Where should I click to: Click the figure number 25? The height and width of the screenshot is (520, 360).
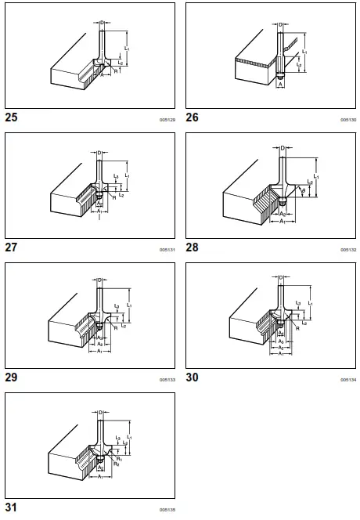[11, 118]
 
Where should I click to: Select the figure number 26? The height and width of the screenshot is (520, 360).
[193, 118]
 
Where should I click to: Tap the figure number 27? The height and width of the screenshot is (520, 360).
[11, 247]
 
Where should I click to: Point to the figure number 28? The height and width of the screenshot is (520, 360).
[193, 247]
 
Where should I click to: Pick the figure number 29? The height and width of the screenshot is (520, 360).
[11, 377]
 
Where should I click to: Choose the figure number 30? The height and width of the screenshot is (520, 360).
[193, 377]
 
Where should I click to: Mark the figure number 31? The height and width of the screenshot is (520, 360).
[11, 507]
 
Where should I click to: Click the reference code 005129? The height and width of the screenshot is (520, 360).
[167, 121]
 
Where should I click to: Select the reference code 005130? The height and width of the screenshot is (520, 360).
[348, 121]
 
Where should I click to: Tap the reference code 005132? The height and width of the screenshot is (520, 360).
[348, 250]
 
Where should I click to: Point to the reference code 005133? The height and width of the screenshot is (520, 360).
[167, 380]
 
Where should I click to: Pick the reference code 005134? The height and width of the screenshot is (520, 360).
[348, 380]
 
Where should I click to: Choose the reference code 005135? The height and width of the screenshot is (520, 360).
[167, 510]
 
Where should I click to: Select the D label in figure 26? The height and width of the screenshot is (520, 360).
[281, 25]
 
